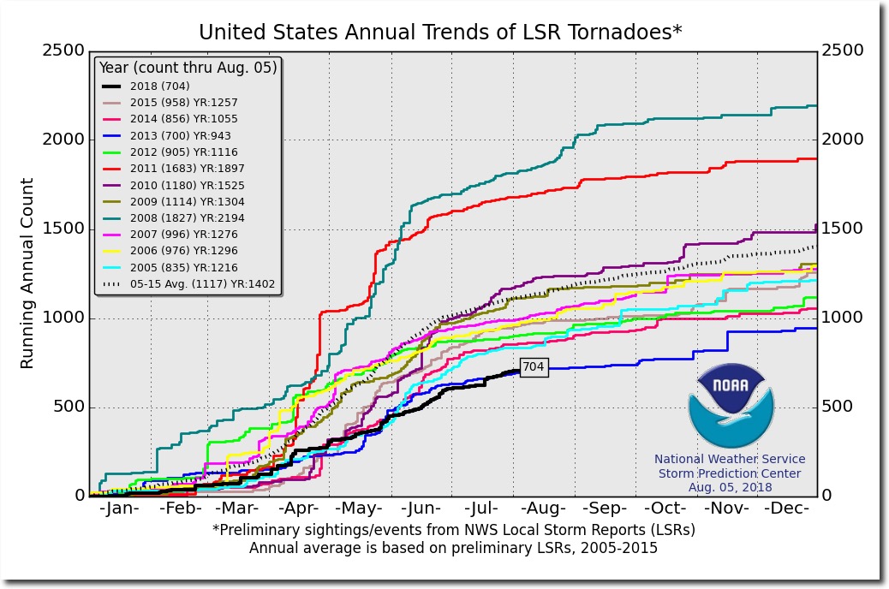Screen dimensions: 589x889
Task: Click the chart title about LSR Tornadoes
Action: (x=440, y=33)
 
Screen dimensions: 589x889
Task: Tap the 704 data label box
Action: (x=533, y=367)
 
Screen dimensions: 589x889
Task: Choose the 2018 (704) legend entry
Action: (x=159, y=86)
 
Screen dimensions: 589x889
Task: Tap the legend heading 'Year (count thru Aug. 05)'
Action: (x=188, y=68)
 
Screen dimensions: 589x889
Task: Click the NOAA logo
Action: (x=730, y=407)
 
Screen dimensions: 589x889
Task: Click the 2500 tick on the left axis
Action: (x=63, y=51)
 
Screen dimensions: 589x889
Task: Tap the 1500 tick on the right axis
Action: (x=843, y=229)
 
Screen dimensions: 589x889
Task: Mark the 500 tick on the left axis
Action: (x=69, y=407)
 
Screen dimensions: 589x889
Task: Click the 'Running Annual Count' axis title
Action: (x=27, y=273)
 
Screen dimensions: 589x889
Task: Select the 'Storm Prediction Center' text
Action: (x=730, y=473)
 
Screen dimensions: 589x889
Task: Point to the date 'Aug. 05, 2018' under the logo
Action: (x=730, y=487)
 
